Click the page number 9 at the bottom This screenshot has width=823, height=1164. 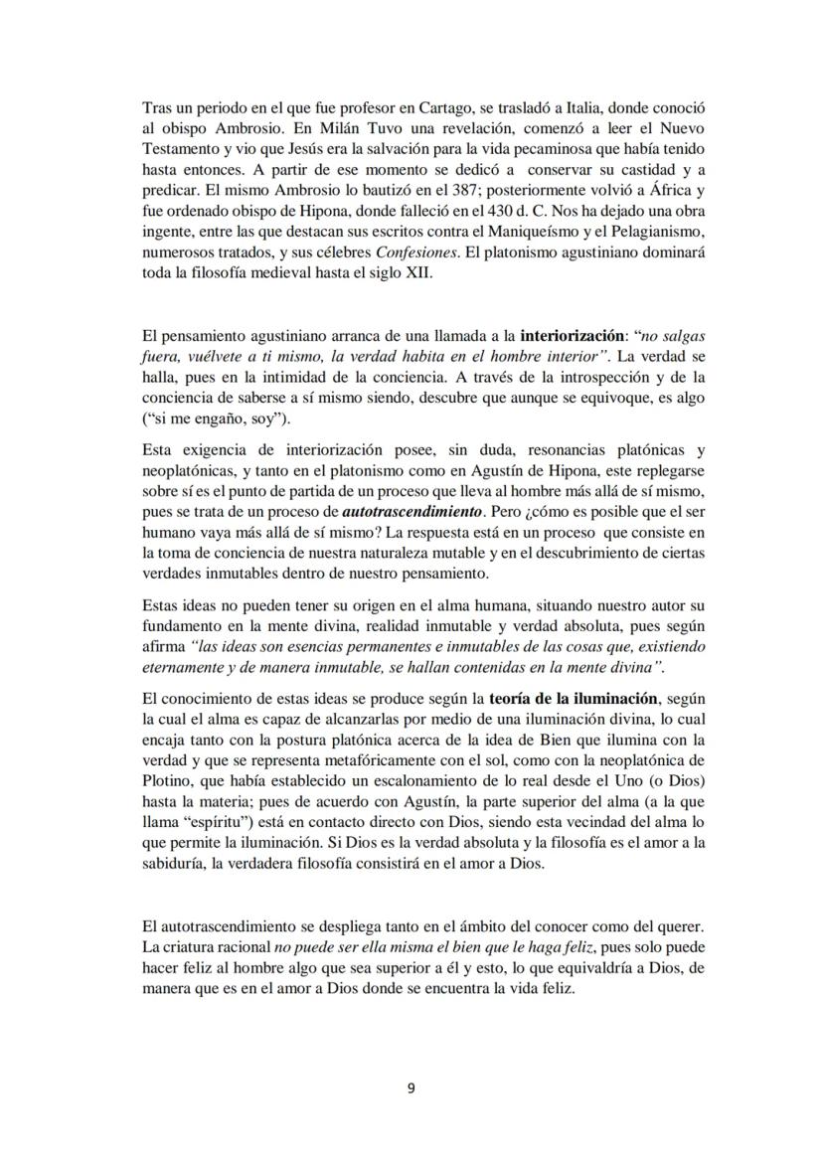tap(411, 1087)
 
